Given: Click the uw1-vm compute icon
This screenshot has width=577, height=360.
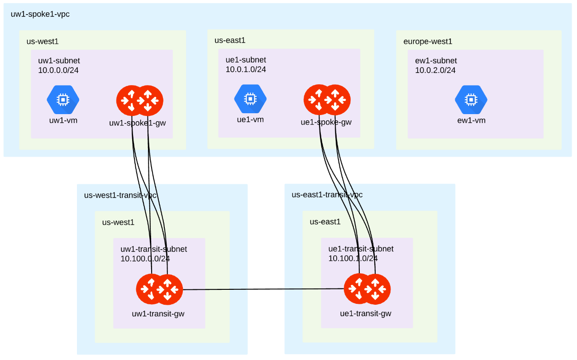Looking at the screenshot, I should pos(63,100).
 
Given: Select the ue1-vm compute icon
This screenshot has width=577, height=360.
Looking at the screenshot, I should pos(250,99).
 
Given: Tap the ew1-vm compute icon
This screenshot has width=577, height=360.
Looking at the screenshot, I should pos(471,100).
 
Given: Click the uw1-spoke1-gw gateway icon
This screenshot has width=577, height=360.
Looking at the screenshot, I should pos(140,100).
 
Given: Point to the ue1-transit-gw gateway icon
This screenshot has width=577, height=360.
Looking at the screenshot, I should pos(367,289).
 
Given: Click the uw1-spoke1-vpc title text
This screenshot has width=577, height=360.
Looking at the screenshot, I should pos(40,14).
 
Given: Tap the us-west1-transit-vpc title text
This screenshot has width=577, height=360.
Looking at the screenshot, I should pos(120,195).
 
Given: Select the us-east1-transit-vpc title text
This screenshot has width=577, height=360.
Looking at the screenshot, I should pos(327,195).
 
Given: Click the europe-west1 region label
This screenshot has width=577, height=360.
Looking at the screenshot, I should pos(428,42).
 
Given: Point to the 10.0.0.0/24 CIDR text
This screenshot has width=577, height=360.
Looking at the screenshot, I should pos(58,70).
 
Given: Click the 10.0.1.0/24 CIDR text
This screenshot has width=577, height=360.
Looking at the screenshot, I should pos(246,69).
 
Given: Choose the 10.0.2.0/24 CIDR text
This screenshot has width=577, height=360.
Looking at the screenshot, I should pos(435,70).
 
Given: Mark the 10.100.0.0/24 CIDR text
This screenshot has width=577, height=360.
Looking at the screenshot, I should pos(145,259).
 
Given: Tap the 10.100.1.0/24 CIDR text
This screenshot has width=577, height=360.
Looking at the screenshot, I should pos(353,259).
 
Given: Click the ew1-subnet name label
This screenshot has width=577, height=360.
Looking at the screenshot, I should pos(436,61).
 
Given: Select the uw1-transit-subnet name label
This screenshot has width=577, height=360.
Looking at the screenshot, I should pos(153,249).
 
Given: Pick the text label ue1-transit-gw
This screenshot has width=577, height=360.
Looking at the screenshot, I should pos(366,313).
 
